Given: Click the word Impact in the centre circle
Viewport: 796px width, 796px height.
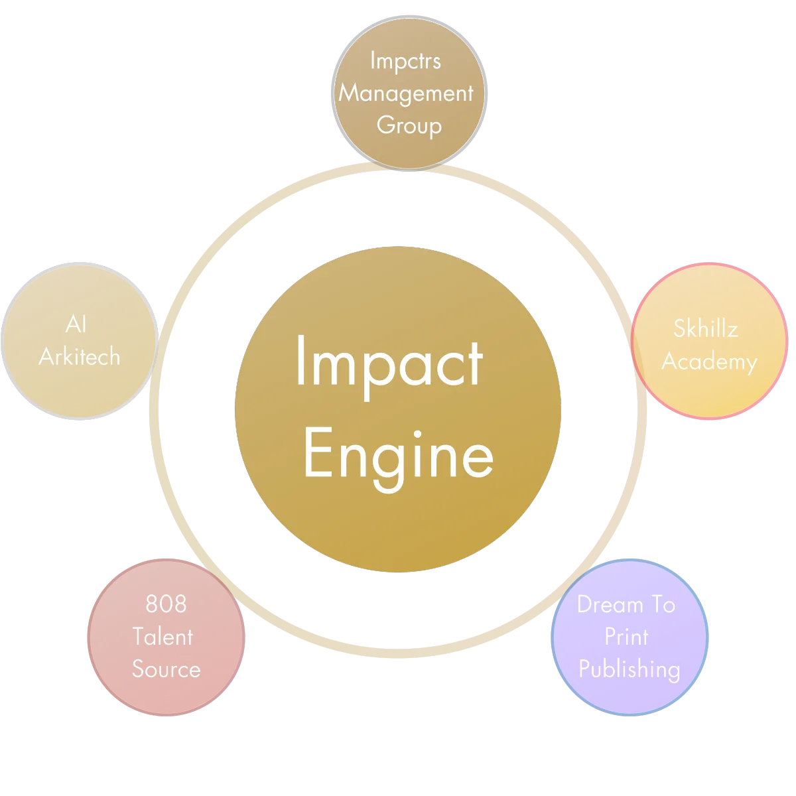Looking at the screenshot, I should pyautogui.click(x=389, y=362).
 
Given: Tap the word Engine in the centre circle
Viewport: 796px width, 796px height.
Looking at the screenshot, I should pyautogui.click(x=398, y=455).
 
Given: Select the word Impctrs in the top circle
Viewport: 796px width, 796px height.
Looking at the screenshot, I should pyautogui.click(x=405, y=61).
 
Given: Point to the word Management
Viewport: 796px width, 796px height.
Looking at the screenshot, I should pyautogui.click(x=406, y=93).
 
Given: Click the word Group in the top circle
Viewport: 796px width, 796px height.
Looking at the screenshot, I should pyautogui.click(x=409, y=125).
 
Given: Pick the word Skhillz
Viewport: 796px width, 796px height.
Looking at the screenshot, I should pyautogui.click(x=706, y=328).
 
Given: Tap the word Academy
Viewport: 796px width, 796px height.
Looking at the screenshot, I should pyautogui.click(x=709, y=362).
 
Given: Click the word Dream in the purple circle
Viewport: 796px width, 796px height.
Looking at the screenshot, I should pyautogui.click(x=610, y=604).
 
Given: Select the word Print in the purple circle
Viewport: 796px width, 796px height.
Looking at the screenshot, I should pyautogui.click(x=626, y=637).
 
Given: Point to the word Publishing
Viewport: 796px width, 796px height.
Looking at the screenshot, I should pyautogui.click(x=629, y=669).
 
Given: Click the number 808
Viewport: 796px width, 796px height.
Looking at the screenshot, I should pyautogui.click(x=166, y=604).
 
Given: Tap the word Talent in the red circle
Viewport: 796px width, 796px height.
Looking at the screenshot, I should pyautogui.click(x=163, y=637).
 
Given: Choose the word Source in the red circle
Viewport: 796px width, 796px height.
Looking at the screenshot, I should pyautogui.click(x=166, y=669).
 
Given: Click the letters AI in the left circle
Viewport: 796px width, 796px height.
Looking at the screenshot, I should pyautogui.click(x=76, y=324).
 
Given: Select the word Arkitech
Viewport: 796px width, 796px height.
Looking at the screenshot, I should pyautogui.click(x=80, y=357).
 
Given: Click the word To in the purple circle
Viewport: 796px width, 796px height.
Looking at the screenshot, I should pyautogui.click(x=661, y=604).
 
